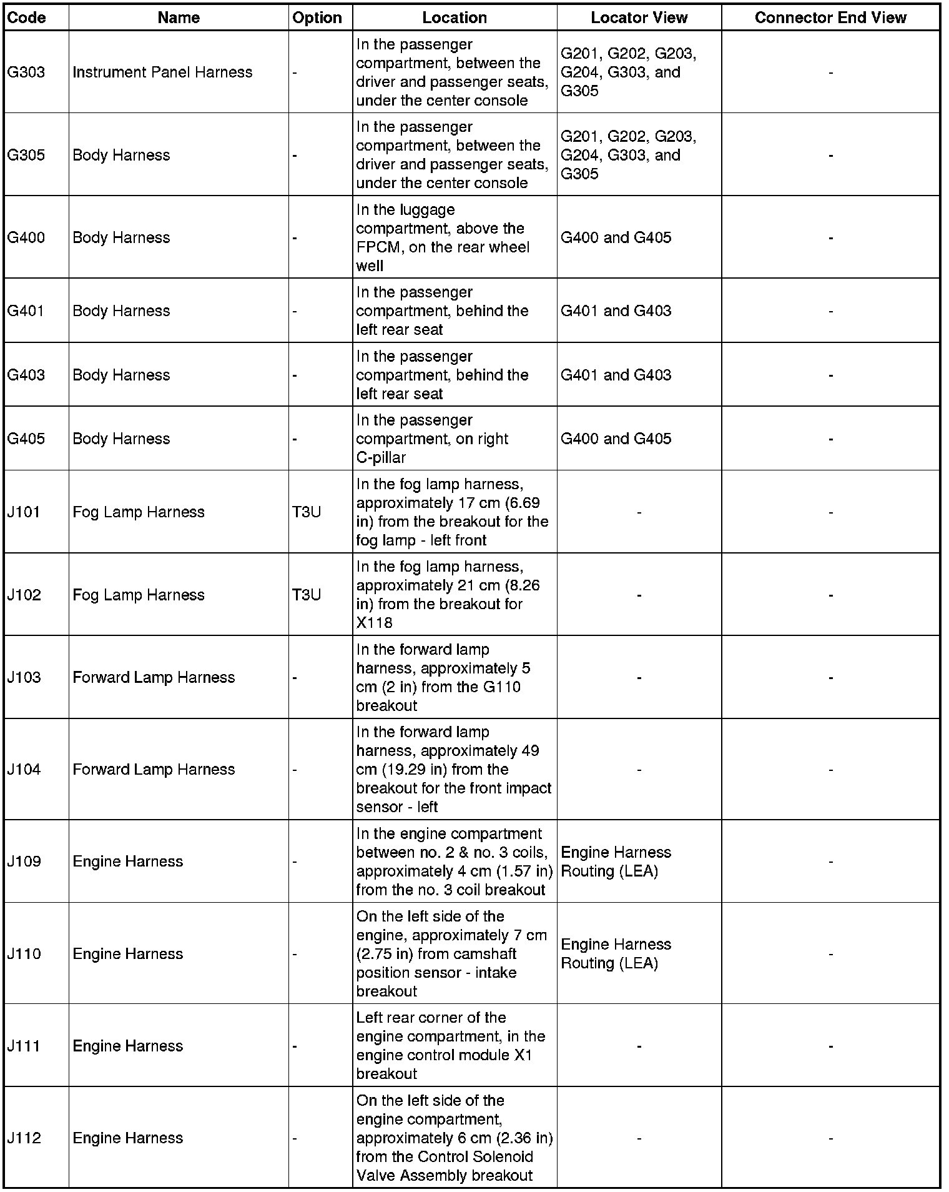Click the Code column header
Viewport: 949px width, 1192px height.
(x=26, y=17)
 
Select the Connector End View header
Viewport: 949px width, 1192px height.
(x=830, y=17)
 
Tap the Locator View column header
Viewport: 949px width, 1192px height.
(x=639, y=17)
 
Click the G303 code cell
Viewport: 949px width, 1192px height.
(x=26, y=72)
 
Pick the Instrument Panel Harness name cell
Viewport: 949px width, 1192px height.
(x=162, y=72)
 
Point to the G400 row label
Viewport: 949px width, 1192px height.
(x=26, y=237)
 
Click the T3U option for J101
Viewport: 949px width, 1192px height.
(x=307, y=512)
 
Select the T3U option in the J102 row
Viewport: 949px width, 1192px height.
(x=307, y=595)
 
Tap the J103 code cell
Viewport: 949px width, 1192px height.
(x=24, y=677)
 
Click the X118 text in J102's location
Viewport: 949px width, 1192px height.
(x=375, y=623)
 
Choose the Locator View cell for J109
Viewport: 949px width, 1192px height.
(x=616, y=862)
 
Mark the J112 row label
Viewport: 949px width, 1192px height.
(x=24, y=1138)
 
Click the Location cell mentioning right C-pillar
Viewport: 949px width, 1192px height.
(x=432, y=439)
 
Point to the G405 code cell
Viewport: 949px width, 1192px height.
(x=26, y=439)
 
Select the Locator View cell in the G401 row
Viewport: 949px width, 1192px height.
(x=616, y=311)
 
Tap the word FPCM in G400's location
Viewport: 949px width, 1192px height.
(x=378, y=247)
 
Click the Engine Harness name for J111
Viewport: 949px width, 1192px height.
(x=128, y=1046)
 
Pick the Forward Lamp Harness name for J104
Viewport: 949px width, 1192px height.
(x=154, y=769)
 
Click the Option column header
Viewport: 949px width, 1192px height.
(x=317, y=17)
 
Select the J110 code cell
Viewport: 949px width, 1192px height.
(x=24, y=953)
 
